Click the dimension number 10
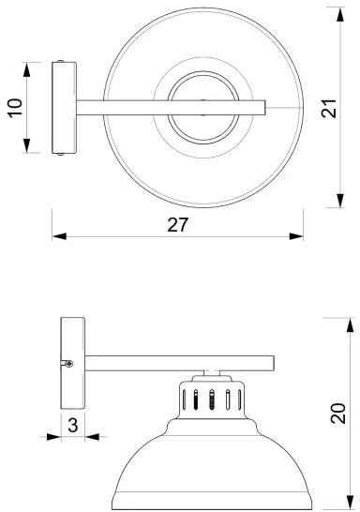pyautogui.click(x=14, y=109)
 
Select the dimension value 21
pyautogui.click(x=327, y=110)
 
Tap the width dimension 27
pyautogui.click(x=178, y=224)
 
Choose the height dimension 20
pyautogui.click(x=339, y=413)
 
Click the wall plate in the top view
pyautogui.click(x=63, y=108)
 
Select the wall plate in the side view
pyautogui.click(x=72, y=361)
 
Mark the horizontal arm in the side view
pyautogui.click(x=178, y=362)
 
